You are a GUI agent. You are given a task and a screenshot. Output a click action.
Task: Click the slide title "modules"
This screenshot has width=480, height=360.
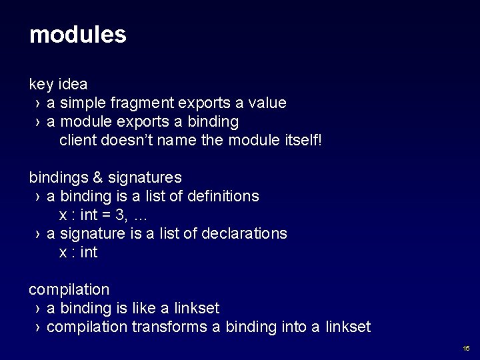(x=77, y=35)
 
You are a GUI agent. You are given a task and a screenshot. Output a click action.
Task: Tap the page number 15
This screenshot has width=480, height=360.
(x=466, y=349)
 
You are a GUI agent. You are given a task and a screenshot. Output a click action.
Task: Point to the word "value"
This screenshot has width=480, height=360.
(x=266, y=103)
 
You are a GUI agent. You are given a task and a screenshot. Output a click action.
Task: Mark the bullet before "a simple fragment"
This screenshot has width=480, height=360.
(x=37, y=104)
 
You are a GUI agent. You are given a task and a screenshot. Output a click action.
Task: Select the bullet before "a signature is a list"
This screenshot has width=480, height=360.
(x=37, y=235)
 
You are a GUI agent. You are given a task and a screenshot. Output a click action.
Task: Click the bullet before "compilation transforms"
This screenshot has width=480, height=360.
(x=37, y=328)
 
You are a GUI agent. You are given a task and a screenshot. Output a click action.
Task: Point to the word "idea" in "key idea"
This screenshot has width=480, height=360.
(x=73, y=85)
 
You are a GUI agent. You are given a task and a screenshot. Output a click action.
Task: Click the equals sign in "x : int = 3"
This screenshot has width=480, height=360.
(x=105, y=215)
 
